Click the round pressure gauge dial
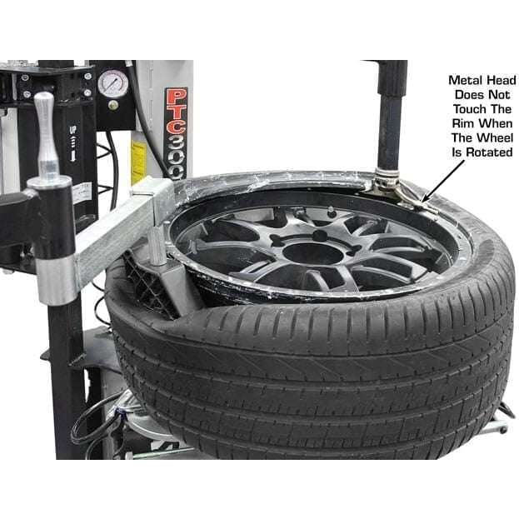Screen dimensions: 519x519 [x=112, y=83]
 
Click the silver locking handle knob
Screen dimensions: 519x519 [x=46, y=133]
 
